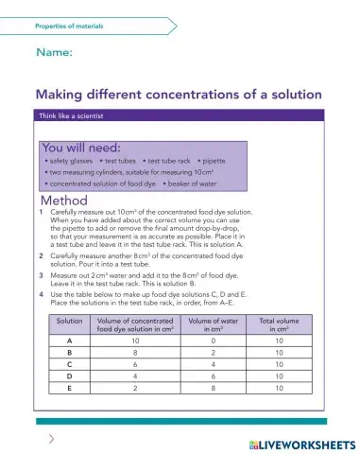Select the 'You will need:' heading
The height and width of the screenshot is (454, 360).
tap(81, 148)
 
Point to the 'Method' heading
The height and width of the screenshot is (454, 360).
tap(64, 201)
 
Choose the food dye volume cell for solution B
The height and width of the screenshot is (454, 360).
tap(135, 352)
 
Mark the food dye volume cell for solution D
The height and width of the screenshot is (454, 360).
tap(135, 376)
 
